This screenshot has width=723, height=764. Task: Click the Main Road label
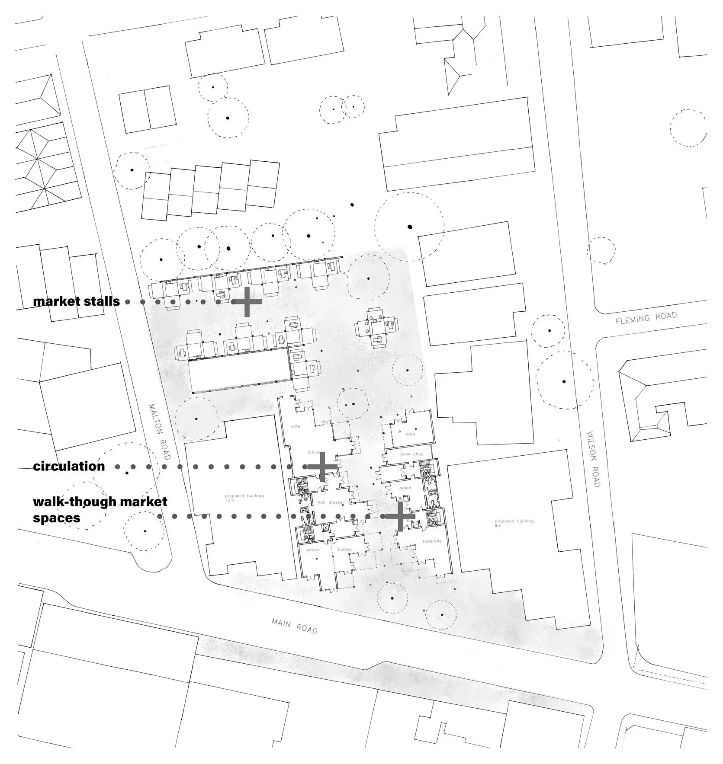tap(295, 626)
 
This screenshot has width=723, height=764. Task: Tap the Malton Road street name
tap(160, 432)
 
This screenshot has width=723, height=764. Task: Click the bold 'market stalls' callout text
tap(77, 301)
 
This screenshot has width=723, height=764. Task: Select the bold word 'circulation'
tap(69, 466)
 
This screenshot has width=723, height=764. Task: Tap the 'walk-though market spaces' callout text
tap(100, 509)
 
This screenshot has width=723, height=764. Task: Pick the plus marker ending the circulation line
tap(322, 467)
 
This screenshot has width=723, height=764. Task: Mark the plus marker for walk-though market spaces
tap(400, 516)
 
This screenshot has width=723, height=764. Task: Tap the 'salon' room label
tap(405, 488)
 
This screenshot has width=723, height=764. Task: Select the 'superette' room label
tap(432, 541)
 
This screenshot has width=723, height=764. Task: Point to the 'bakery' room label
tap(345, 550)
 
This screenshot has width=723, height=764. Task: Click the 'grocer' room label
tap(312, 550)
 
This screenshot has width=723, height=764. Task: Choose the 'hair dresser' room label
tap(331, 502)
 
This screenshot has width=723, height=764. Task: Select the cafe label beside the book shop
tap(410, 434)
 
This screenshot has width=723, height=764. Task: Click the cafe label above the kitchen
tap(296, 426)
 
